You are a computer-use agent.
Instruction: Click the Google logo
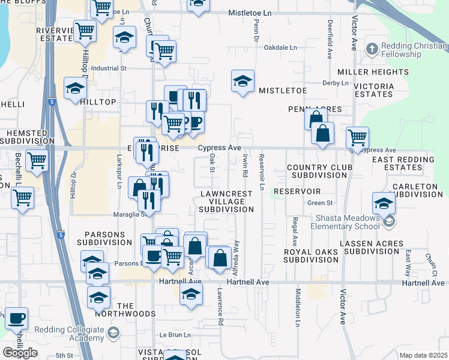coord(20,352)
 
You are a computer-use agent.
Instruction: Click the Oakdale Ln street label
coord(280,47)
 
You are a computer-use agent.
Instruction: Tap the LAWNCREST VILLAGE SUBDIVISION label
coord(226,202)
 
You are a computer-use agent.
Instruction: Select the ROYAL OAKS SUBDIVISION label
coord(311,256)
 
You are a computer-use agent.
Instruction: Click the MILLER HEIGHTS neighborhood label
coord(364,72)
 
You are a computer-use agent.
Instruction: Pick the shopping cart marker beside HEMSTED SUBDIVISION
coord(37,161)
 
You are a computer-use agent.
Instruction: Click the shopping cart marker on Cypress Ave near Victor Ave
coord(358,137)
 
